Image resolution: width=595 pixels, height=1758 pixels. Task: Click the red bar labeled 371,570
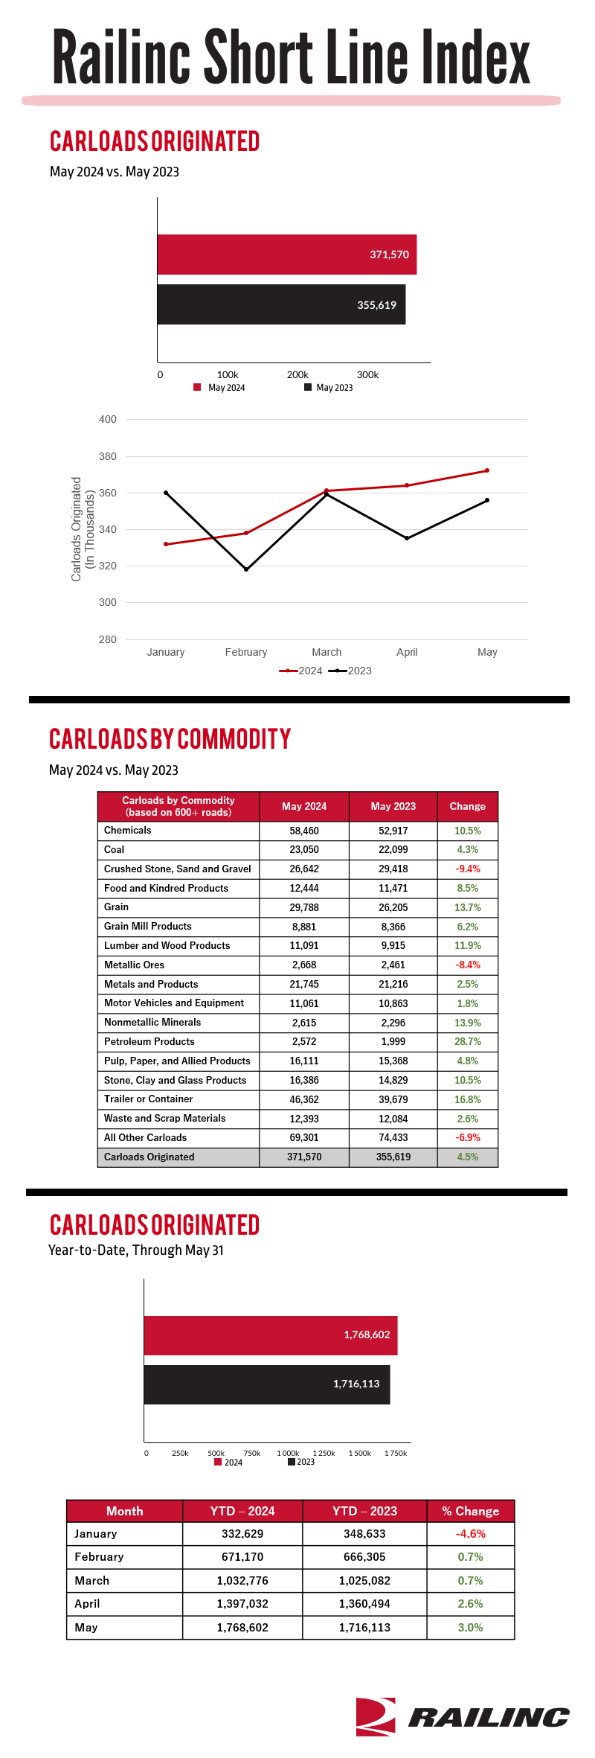click(x=287, y=255)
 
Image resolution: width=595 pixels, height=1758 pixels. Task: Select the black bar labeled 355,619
click(x=281, y=304)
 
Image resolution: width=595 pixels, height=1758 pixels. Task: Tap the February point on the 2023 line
click(x=246, y=569)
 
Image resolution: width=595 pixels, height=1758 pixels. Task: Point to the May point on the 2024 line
click(x=487, y=470)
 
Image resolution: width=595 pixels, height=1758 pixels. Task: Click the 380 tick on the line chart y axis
click(x=108, y=456)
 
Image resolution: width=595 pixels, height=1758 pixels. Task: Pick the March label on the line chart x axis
click(x=327, y=652)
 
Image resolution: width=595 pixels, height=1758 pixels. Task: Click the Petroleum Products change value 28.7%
click(x=468, y=1041)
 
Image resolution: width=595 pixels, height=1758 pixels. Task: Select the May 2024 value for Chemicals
click(x=304, y=831)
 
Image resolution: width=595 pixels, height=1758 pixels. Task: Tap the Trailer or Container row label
click(x=148, y=1099)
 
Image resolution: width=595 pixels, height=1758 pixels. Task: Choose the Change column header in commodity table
click(x=468, y=806)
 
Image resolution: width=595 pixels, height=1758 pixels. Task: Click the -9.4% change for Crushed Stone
click(x=468, y=869)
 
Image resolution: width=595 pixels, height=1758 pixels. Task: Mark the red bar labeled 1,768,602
click(x=271, y=1335)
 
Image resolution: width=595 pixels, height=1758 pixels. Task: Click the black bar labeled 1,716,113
click(x=267, y=1384)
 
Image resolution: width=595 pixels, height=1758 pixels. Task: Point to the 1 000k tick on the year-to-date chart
click(x=288, y=1453)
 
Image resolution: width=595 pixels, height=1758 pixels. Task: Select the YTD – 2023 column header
click(x=364, y=1511)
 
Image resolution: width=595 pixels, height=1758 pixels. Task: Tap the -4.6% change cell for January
click(x=471, y=1533)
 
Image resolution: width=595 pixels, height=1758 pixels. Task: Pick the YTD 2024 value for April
click(x=242, y=1603)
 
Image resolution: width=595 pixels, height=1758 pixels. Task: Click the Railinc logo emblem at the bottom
click(x=376, y=1716)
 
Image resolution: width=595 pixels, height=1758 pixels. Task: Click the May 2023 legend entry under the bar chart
click(x=329, y=387)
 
